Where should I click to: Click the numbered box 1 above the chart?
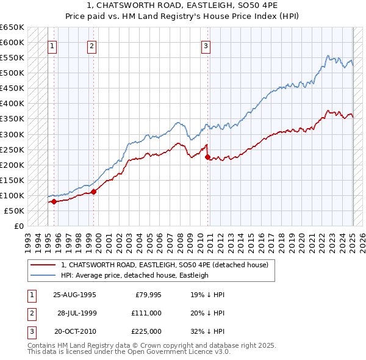[x=52, y=45]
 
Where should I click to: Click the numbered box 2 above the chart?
[x=91, y=45]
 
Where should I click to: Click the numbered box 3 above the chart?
[x=206, y=45]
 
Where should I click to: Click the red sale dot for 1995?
[x=54, y=201]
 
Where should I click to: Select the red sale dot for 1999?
[x=94, y=192]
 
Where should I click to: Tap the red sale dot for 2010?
[x=208, y=157]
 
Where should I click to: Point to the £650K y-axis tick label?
[x=12, y=27]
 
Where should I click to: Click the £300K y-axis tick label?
[x=12, y=134]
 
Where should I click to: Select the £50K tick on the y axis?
[x=15, y=211]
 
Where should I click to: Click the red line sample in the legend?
[x=43, y=265]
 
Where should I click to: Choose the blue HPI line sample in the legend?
[x=43, y=275]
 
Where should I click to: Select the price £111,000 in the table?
[x=146, y=313]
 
